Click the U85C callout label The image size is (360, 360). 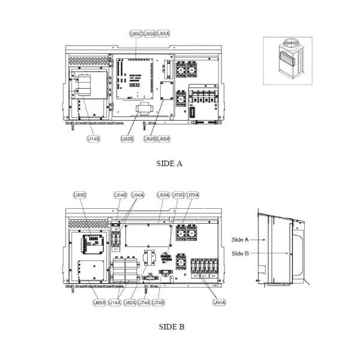click(x=136, y=34)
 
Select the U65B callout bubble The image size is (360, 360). click(x=150, y=34)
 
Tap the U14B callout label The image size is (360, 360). click(x=93, y=139)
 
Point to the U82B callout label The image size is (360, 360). click(x=127, y=139)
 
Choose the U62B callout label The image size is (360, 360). click(x=150, y=139)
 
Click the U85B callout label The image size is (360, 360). click(x=80, y=195)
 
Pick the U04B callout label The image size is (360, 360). click(x=121, y=195)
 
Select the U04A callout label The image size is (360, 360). click(x=137, y=195)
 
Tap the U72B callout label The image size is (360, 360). click(x=178, y=195)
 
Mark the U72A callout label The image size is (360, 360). click(x=193, y=195)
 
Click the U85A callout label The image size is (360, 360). click(x=100, y=303)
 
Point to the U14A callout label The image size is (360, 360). click(x=115, y=303)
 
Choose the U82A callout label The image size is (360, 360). click(x=130, y=303)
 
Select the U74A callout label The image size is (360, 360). click(x=144, y=303)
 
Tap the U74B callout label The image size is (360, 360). click(x=158, y=303)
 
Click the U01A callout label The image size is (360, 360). click(x=219, y=303)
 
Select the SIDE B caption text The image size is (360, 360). click(x=171, y=327)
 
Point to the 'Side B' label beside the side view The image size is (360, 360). click(x=240, y=253)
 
